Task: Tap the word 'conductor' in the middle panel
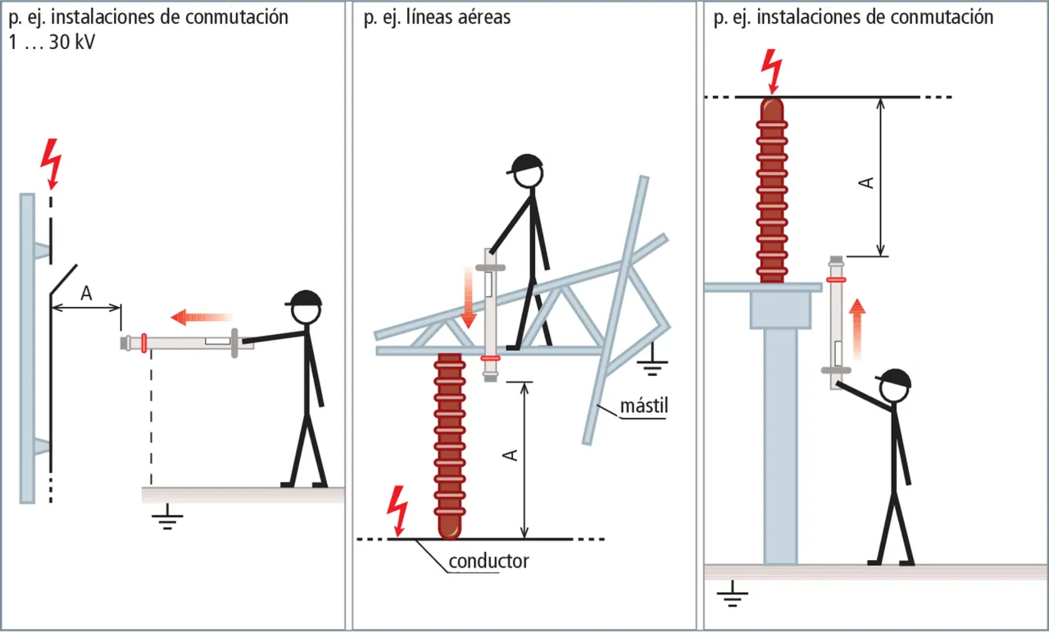pyautogui.click(x=488, y=561)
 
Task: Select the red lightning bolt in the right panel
pyautogui.click(x=772, y=70)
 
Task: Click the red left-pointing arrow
pyautogui.click(x=202, y=316)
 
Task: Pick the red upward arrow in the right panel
pyautogui.click(x=856, y=328)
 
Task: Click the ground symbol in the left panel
pyautogui.click(x=167, y=518)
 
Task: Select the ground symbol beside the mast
pyautogui.click(x=652, y=364)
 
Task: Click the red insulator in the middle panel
pyautogui.click(x=449, y=446)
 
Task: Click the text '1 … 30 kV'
pyautogui.click(x=50, y=42)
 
